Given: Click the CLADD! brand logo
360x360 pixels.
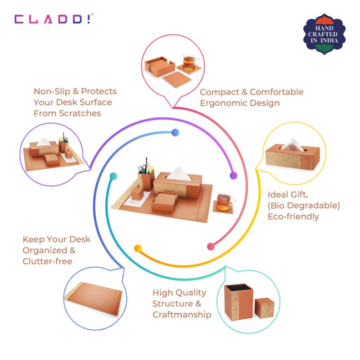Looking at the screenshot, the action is pyautogui.click(x=54, y=19).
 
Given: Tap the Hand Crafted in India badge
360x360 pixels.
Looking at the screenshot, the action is pyautogui.click(x=324, y=34).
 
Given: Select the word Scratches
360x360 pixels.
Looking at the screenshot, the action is pyautogui.click(x=80, y=113).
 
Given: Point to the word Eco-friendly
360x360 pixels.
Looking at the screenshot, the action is pyautogui.click(x=293, y=216).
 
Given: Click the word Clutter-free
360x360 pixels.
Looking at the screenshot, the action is pyautogui.click(x=48, y=261).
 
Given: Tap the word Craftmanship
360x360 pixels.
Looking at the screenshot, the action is pyautogui.click(x=182, y=315).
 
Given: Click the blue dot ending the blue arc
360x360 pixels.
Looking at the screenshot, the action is pyautogui.click(x=175, y=132).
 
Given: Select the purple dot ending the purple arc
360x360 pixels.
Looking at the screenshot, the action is pyautogui.click(x=234, y=175).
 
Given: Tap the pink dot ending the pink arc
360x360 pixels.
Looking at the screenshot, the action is pyautogui.click(x=211, y=247).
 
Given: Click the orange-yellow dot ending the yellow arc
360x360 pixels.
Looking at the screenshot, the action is pyautogui.click(x=138, y=248).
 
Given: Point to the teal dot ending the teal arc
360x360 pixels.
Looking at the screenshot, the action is pyautogui.click(x=113, y=176).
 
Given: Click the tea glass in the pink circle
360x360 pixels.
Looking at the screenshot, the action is pyautogui.click(x=190, y=62).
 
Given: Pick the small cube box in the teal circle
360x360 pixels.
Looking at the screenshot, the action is pyautogui.click(x=265, y=308).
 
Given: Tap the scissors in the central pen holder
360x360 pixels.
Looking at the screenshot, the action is pyautogui.click(x=143, y=169).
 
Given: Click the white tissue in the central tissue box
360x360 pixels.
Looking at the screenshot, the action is pyautogui.click(x=179, y=174).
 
